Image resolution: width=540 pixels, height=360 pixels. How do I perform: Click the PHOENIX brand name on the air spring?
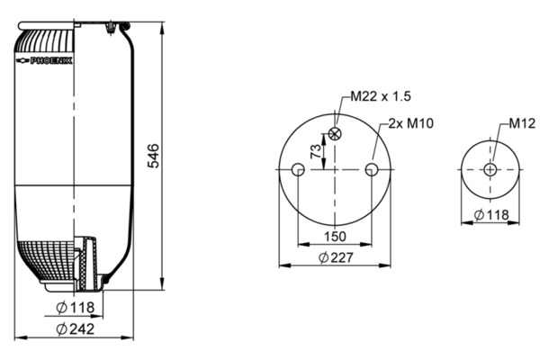(51, 60)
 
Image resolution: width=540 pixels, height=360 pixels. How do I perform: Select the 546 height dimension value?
(153, 156)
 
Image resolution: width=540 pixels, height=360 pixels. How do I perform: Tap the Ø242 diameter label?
(75, 329)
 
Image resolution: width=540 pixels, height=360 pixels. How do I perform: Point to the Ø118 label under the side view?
(75, 307)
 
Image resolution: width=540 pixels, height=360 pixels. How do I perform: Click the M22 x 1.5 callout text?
(381, 96)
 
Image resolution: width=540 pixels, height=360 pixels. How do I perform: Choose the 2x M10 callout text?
(411, 123)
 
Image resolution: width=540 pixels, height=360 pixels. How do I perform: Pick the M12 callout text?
(522, 123)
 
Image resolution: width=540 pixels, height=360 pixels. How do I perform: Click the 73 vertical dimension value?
(316, 151)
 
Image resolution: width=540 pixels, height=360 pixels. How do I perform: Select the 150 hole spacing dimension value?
(335, 237)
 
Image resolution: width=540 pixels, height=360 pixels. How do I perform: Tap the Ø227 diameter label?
(336, 257)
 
